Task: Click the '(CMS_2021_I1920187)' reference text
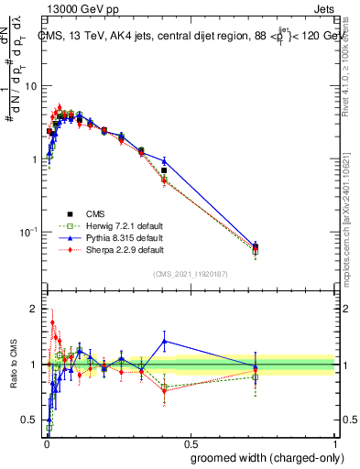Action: (x=191, y=273)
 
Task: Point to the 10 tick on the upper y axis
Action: (x=31, y=85)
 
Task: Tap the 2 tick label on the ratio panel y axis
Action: (x=35, y=309)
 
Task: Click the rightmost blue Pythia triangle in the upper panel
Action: (x=255, y=245)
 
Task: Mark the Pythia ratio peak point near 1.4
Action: (x=164, y=341)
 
